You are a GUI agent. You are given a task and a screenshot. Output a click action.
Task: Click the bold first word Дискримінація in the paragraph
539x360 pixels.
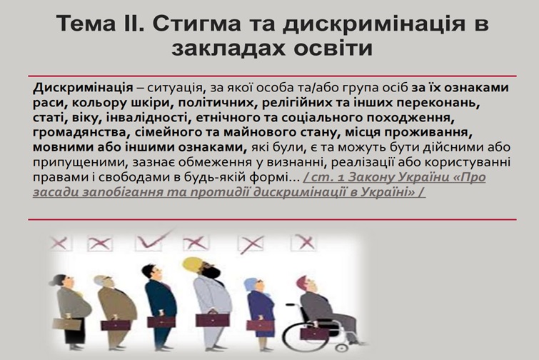point(83,88)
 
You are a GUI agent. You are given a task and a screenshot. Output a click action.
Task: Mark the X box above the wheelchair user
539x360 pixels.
point(304,241)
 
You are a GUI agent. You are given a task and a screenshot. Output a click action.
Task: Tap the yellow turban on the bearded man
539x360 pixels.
point(193,264)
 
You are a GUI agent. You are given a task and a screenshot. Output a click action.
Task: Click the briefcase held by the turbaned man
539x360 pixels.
point(212,319)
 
